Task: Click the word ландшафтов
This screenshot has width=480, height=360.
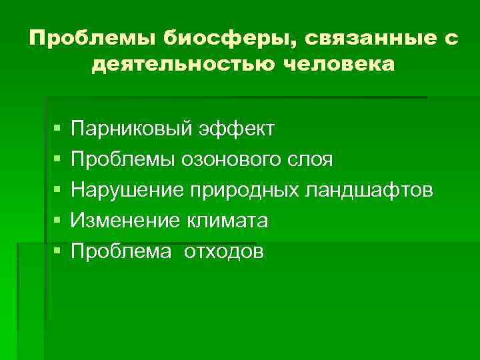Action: click(369, 190)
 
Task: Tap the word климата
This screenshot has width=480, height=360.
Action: click(229, 221)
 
